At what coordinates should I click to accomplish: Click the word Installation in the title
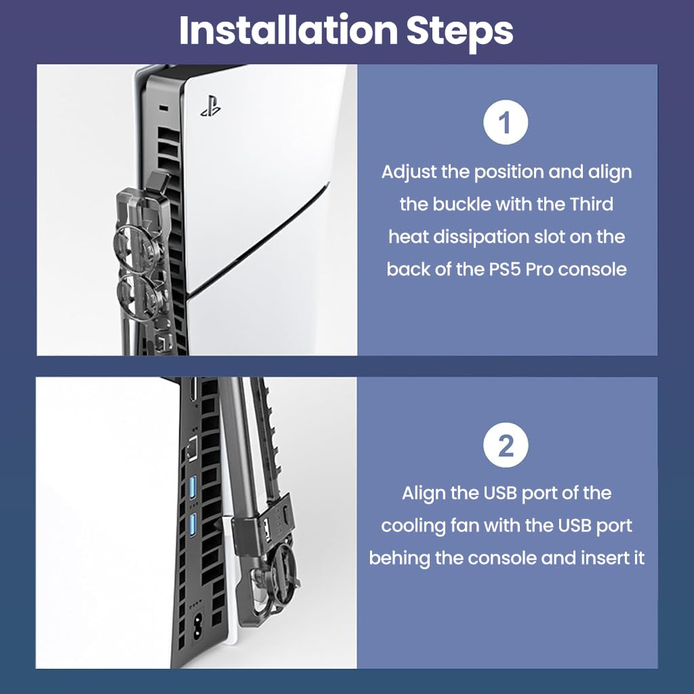pyautogui.click(x=288, y=30)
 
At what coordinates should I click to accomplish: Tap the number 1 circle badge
pyautogui.click(x=506, y=122)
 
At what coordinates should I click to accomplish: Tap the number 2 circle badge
pyautogui.click(x=506, y=445)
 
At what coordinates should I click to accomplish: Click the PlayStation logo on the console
pyautogui.click(x=211, y=106)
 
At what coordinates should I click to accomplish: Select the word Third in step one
pyautogui.click(x=591, y=205)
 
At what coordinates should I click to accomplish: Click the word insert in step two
pyautogui.click(x=600, y=558)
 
